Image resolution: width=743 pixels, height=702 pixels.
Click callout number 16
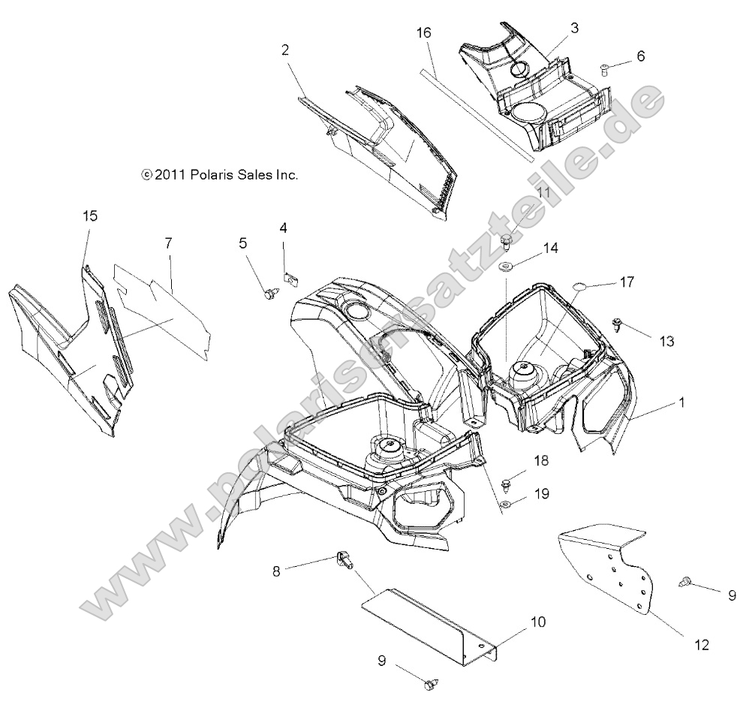424,33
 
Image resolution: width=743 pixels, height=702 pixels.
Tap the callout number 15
90,215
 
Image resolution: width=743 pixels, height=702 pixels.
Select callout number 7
169,243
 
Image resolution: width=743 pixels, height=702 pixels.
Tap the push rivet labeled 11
507,239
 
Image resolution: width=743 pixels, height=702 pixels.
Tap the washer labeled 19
506,503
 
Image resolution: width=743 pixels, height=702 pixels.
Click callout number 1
682,402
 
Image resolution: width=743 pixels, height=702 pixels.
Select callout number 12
701,644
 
